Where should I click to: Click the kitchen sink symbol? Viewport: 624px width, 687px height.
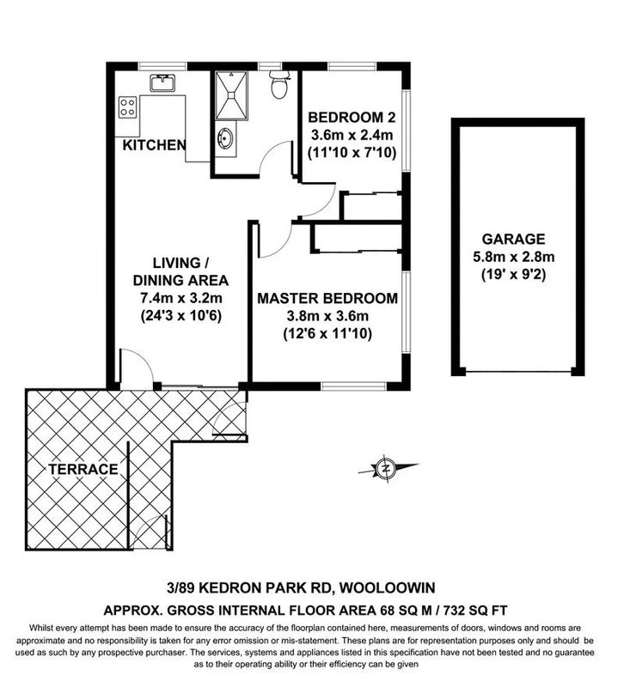pos(161,83)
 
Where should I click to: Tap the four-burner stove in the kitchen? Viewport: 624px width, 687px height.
pos(128,107)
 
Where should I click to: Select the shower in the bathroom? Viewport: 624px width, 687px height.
pos(233,94)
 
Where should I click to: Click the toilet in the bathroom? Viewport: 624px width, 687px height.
pos(278,87)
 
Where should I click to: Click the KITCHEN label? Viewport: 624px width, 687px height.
pos(154,145)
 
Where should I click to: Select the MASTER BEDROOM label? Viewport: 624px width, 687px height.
pos(327,299)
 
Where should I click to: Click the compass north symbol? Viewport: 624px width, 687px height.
pos(387,469)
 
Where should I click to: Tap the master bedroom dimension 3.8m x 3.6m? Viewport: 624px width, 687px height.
pos(327,316)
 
